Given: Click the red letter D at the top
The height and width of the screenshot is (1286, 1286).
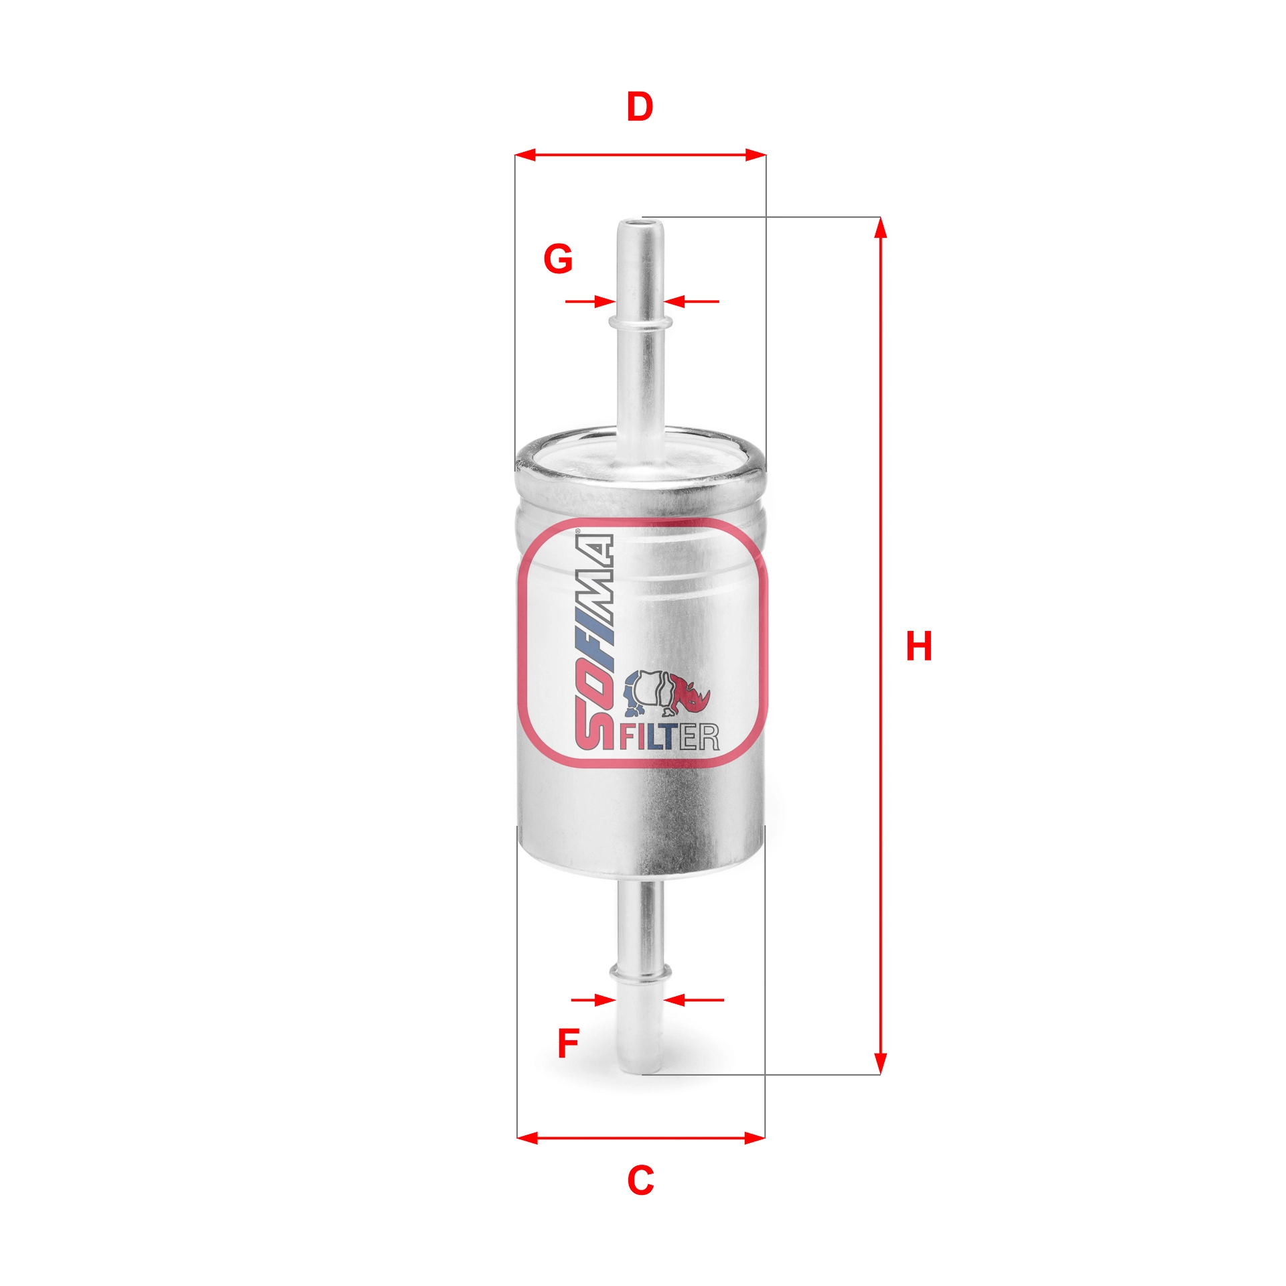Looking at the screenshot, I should coord(639,107).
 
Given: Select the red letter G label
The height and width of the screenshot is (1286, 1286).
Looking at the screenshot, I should coord(558,259).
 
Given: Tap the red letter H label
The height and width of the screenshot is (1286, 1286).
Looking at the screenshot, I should coord(918,646).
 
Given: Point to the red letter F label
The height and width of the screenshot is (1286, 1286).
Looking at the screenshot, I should coord(568,1043).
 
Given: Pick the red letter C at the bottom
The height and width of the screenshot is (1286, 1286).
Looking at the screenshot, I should coord(640,1180).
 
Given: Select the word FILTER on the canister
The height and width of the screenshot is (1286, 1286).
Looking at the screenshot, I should coord(669,737).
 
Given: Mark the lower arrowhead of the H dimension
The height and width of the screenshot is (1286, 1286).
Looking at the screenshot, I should coord(881,1065).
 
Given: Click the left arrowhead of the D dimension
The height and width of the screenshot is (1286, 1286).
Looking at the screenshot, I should coord(526,155).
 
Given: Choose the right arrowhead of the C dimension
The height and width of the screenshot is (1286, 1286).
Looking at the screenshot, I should coord(755,1137).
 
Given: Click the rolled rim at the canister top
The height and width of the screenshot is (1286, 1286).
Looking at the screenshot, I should coord(640,469).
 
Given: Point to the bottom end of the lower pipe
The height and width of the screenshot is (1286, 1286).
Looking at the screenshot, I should coord(640,1070).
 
